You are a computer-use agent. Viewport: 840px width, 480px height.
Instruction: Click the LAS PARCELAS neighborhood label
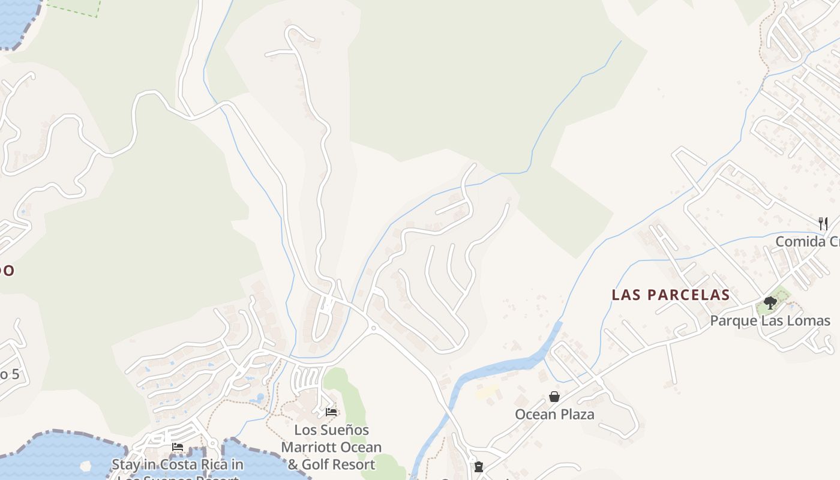(671, 295)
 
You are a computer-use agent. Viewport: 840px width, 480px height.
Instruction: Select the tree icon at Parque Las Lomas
(770, 303)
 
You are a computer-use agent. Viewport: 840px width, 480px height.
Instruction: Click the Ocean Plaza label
(554, 414)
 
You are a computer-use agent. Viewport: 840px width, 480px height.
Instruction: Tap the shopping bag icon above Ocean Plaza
(554, 397)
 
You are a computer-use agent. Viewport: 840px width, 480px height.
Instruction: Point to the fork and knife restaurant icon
(823, 224)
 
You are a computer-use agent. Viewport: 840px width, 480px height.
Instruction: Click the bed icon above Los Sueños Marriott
(331, 412)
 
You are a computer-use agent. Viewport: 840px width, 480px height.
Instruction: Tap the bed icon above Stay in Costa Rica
(178, 447)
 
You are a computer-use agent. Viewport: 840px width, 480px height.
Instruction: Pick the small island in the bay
(85, 466)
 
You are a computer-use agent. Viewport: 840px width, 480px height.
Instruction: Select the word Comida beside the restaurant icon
(801, 241)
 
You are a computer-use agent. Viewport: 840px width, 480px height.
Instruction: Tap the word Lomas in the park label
(809, 320)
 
